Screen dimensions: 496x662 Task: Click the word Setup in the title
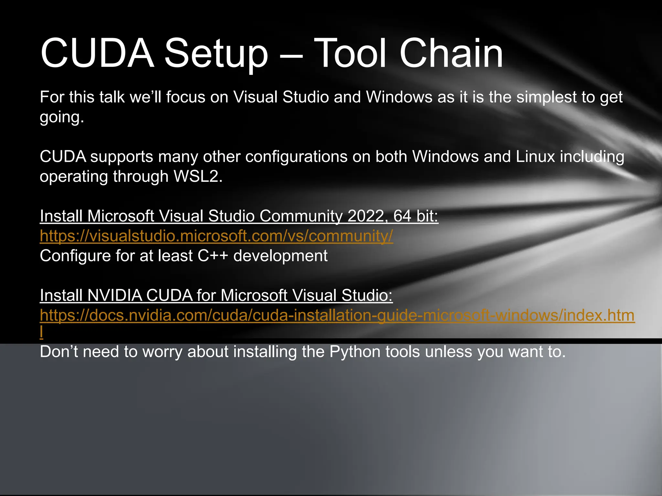click(x=216, y=54)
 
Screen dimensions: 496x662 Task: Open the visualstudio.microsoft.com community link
click(x=216, y=236)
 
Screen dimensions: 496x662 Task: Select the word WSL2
click(x=198, y=177)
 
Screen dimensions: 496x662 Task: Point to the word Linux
click(x=535, y=157)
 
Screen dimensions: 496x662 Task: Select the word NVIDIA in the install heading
click(x=115, y=295)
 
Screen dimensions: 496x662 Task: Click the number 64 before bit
click(x=402, y=216)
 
